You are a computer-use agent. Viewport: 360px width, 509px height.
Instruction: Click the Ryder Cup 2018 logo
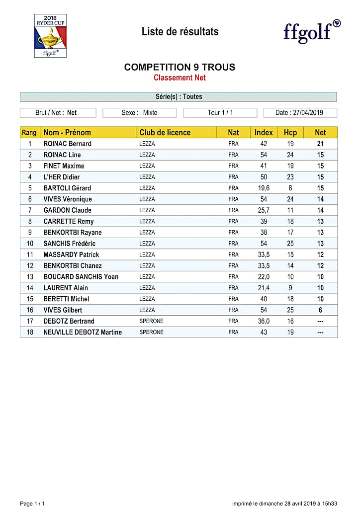point(50,36)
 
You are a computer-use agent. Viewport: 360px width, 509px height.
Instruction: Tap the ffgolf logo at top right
point(312,31)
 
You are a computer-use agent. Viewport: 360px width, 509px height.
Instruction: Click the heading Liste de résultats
point(180,32)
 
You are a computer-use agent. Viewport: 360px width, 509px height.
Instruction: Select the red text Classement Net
point(180,78)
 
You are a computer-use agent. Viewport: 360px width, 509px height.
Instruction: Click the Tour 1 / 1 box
point(220,113)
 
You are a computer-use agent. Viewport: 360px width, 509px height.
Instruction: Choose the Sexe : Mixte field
point(139,113)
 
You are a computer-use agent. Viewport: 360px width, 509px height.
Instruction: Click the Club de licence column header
point(165,133)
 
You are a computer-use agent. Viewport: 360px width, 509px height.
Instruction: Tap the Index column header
point(264,133)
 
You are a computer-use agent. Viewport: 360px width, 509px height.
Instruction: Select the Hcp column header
point(290,133)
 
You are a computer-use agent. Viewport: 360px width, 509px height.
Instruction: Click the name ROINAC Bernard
point(68,144)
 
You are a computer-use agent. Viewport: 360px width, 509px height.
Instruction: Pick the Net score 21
point(321,144)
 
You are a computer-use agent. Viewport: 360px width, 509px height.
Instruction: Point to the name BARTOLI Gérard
point(67,188)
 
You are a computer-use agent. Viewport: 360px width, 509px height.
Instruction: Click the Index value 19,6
point(264,188)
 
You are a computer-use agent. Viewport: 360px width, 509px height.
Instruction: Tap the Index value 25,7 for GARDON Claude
point(264,210)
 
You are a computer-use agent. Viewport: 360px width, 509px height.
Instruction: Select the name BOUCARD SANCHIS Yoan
point(81,277)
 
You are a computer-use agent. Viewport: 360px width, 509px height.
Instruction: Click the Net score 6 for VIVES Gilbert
point(321,310)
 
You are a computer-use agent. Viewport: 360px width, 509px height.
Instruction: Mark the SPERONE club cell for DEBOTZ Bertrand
point(151,321)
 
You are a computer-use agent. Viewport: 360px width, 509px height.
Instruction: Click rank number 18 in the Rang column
point(30,332)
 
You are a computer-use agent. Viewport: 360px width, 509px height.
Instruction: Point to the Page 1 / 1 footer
point(32,504)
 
